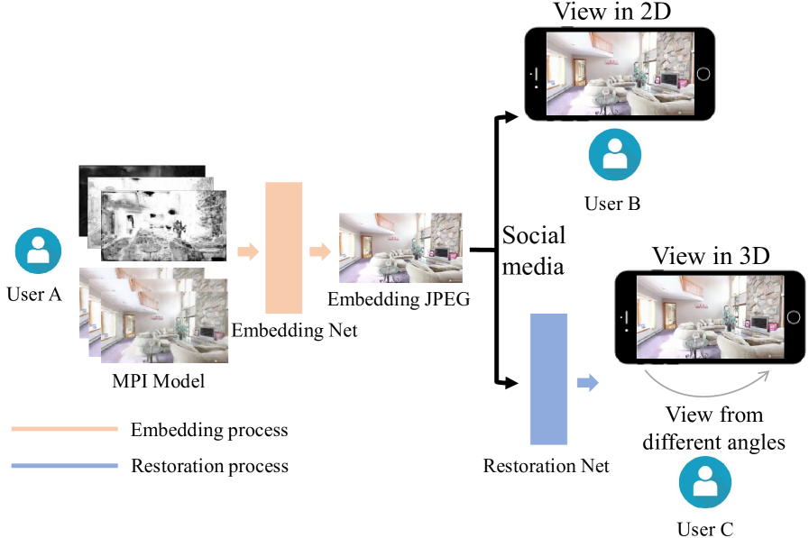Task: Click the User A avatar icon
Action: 38,250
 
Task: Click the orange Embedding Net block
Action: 283,248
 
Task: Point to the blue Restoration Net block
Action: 548,378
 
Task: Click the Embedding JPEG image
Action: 400,248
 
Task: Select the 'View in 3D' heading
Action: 711,256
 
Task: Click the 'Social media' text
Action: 534,251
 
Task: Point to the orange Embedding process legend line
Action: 64,430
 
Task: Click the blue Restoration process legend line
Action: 64,466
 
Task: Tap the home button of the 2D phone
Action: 703,73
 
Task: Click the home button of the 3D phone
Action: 793,317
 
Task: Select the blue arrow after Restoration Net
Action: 588,383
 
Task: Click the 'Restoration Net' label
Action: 547,467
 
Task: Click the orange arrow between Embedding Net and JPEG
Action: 319,251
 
